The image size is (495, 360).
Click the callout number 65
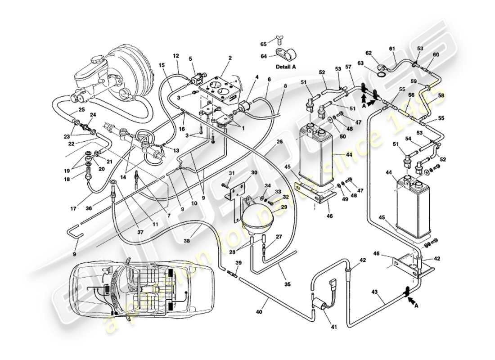(x=264, y=44)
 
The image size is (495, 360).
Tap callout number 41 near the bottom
(x=333, y=327)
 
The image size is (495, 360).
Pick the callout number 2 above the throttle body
(x=230, y=58)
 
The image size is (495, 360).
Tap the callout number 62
(x=369, y=53)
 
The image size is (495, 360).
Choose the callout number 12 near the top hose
(x=176, y=56)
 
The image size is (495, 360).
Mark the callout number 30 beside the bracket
(x=254, y=173)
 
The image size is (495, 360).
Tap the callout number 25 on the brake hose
(x=81, y=109)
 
